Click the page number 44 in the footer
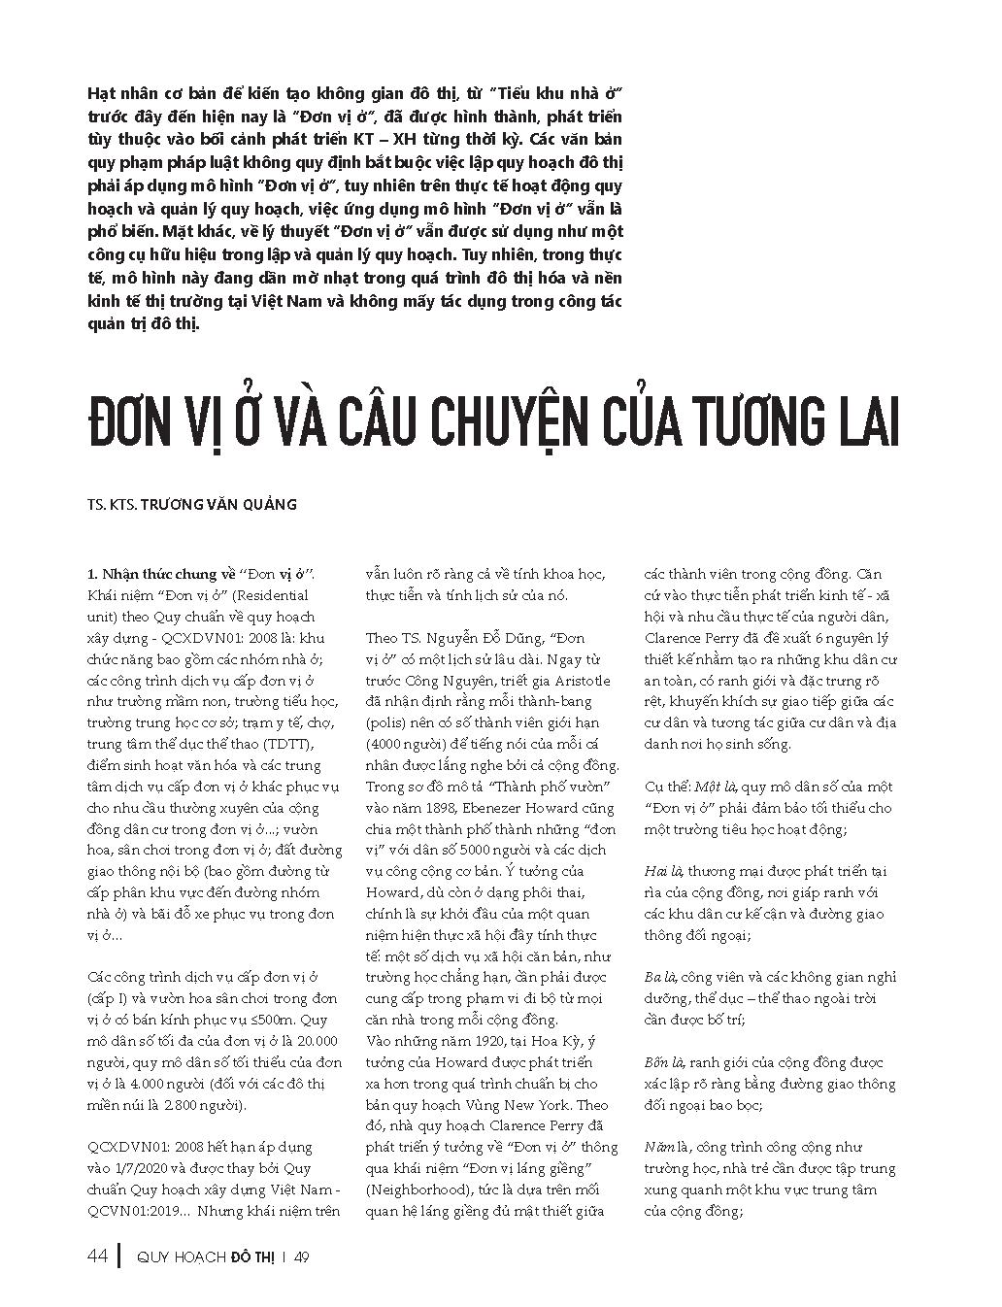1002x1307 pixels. [97, 1257]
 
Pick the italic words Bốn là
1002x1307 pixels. [665, 1062]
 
